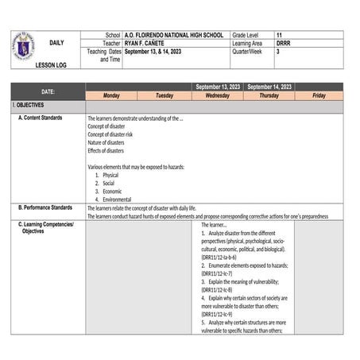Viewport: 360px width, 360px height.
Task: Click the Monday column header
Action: [112, 95]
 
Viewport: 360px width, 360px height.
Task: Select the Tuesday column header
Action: [165, 95]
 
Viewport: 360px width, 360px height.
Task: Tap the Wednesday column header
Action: [217, 95]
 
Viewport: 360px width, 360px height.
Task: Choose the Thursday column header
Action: [269, 95]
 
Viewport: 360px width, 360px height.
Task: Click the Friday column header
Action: [319, 95]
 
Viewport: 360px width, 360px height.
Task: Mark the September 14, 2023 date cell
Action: [269, 87]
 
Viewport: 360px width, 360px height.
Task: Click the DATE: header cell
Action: [48, 91]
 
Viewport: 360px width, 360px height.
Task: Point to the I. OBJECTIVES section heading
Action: [29, 105]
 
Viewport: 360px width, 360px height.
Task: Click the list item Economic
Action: [112, 191]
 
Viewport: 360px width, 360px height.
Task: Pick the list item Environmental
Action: [117, 199]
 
